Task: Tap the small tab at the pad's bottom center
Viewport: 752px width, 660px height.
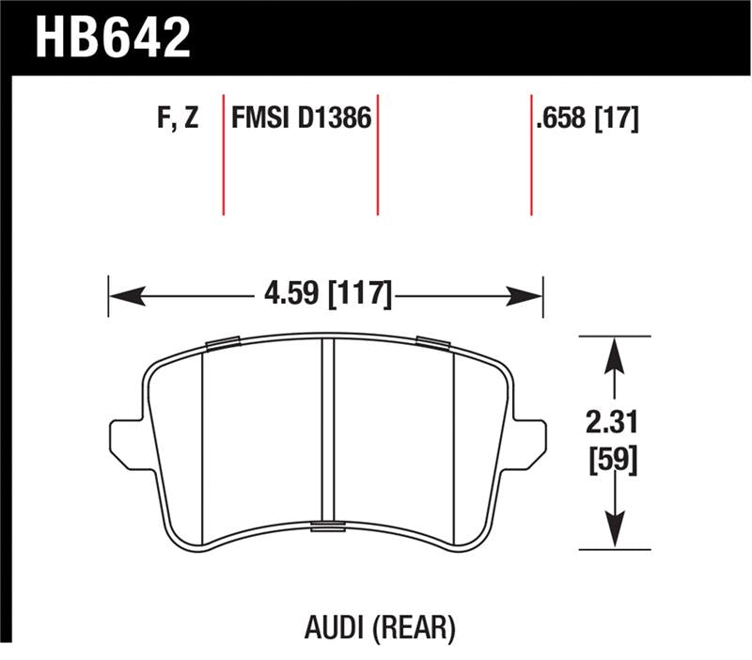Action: pyautogui.click(x=328, y=525)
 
